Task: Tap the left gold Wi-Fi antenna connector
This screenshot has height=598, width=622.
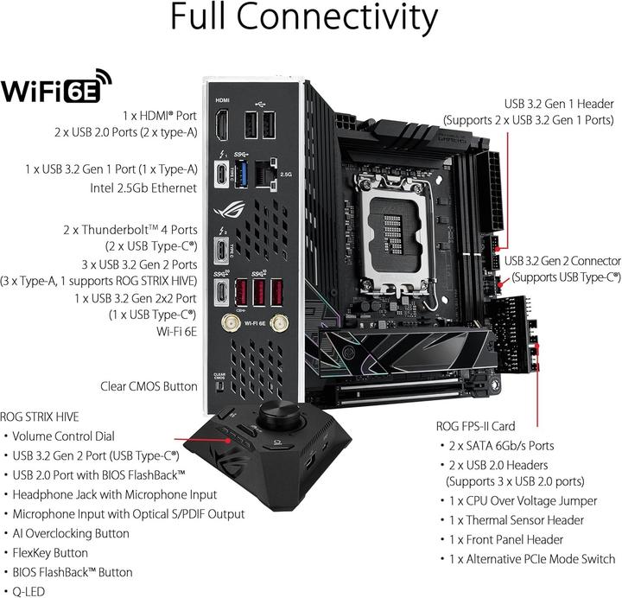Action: pos(232,323)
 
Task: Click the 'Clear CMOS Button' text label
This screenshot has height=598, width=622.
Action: pos(149,387)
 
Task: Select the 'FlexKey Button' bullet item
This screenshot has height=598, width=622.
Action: pos(50,552)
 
